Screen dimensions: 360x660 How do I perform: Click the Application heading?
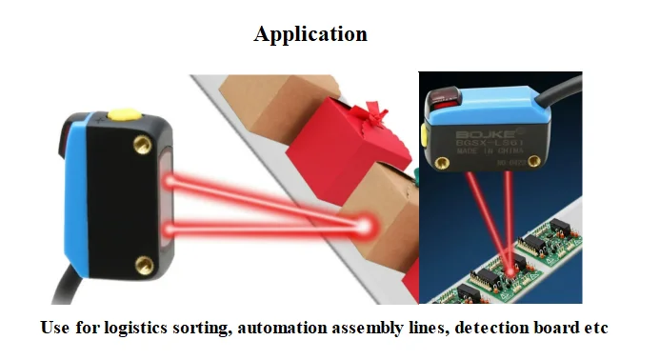click(310, 34)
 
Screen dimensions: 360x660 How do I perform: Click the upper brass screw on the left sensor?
click(144, 143)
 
